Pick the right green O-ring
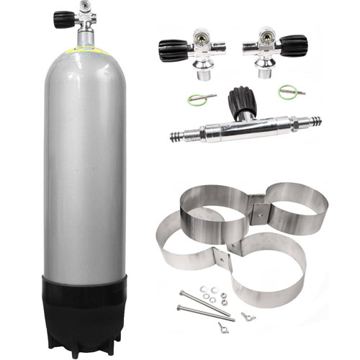287,91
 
